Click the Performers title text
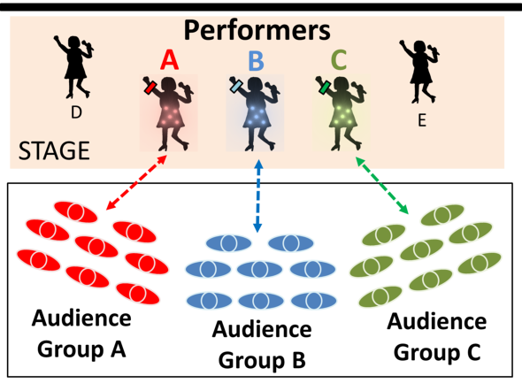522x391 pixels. pos(257,31)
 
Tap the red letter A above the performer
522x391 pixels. pos(169,60)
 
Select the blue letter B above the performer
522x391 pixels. pos(256,61)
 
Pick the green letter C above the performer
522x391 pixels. pos(339,60)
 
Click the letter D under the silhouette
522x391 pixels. pos(76,112)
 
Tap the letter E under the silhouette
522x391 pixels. pos(422,120)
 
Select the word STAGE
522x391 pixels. pos(54,150)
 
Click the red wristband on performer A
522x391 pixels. pos(150,88)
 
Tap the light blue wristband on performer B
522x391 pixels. pos(236,86)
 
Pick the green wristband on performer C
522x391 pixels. pos(324,88)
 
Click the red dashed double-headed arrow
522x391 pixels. pos(136,182)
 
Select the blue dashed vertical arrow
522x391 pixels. pos(258,196)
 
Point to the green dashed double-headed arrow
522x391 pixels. pos(382,186)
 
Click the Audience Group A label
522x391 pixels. pos(81,333)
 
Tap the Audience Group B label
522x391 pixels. pos(262,344)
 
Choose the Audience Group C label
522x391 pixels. pos(437,336)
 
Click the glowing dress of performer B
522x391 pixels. pos(257,114)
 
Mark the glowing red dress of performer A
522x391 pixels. pos(170,114)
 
